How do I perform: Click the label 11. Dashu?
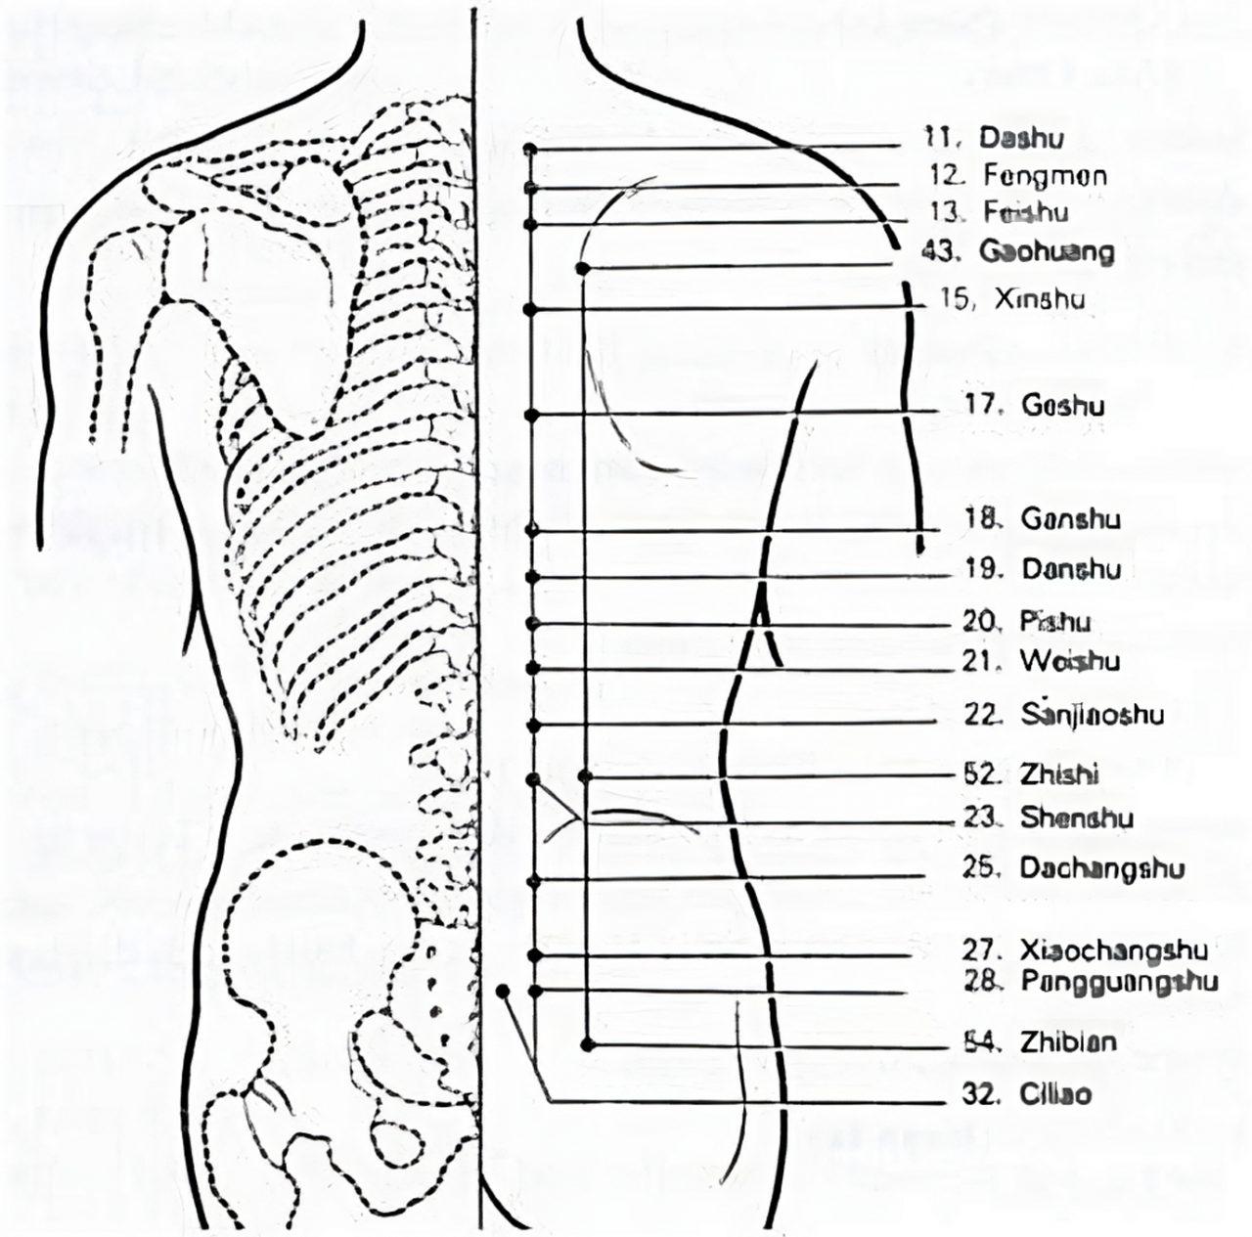(x=994, y=139)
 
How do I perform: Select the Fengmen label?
(x=1018, y=177)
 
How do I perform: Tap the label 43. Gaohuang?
(x=1018, y=252)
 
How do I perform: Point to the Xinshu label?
(x=1012, y=300)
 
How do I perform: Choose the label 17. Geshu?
(x=1036, y=406)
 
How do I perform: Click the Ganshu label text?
(x=1043, y=518)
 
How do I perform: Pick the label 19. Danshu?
(x=1043, y=568)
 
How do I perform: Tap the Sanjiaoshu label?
(x=1064, y=715)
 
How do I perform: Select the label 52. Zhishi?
(x=1031, y=774)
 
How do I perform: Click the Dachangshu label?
(x=1073, y=868)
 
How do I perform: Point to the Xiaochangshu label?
(x=1084, y=950)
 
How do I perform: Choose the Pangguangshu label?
(x=1091, y=982)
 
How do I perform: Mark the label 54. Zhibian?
(x=1040, y=1042)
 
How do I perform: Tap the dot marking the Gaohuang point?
(x=583, y=267)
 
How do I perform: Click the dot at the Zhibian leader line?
(x=587, y=1045)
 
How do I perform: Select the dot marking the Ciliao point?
(x=503, y=991)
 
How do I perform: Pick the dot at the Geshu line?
(x=532, y=416)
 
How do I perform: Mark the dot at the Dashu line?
(x=530, y=150)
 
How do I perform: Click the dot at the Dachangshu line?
(x=533, y=881)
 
